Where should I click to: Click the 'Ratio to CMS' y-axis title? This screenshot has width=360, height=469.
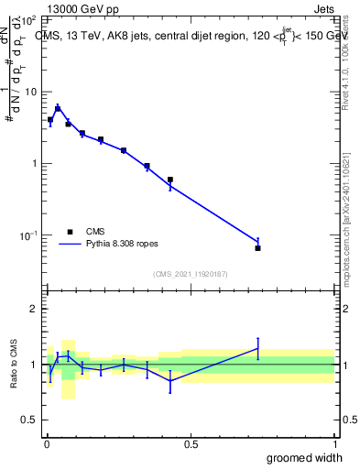pyautogui.click(x=14, y=365)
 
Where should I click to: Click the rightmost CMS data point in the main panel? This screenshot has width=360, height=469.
pyautogui.click(x=258, y=248)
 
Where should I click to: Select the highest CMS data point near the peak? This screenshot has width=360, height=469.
pyautogui.click(x=58, y=109)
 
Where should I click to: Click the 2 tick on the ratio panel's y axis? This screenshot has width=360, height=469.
pyautogui.click(x=34, y=309)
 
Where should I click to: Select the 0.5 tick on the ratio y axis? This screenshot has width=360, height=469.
pyautogui.click(x=30, y=421)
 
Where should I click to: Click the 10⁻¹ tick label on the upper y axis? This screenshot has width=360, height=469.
pyautogui.click(x=28, y=235)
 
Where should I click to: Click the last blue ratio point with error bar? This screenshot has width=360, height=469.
pyautogui.click(x=258, y=348)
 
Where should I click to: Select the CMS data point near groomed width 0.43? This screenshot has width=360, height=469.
pyautogui.click(x=170, y=180)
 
